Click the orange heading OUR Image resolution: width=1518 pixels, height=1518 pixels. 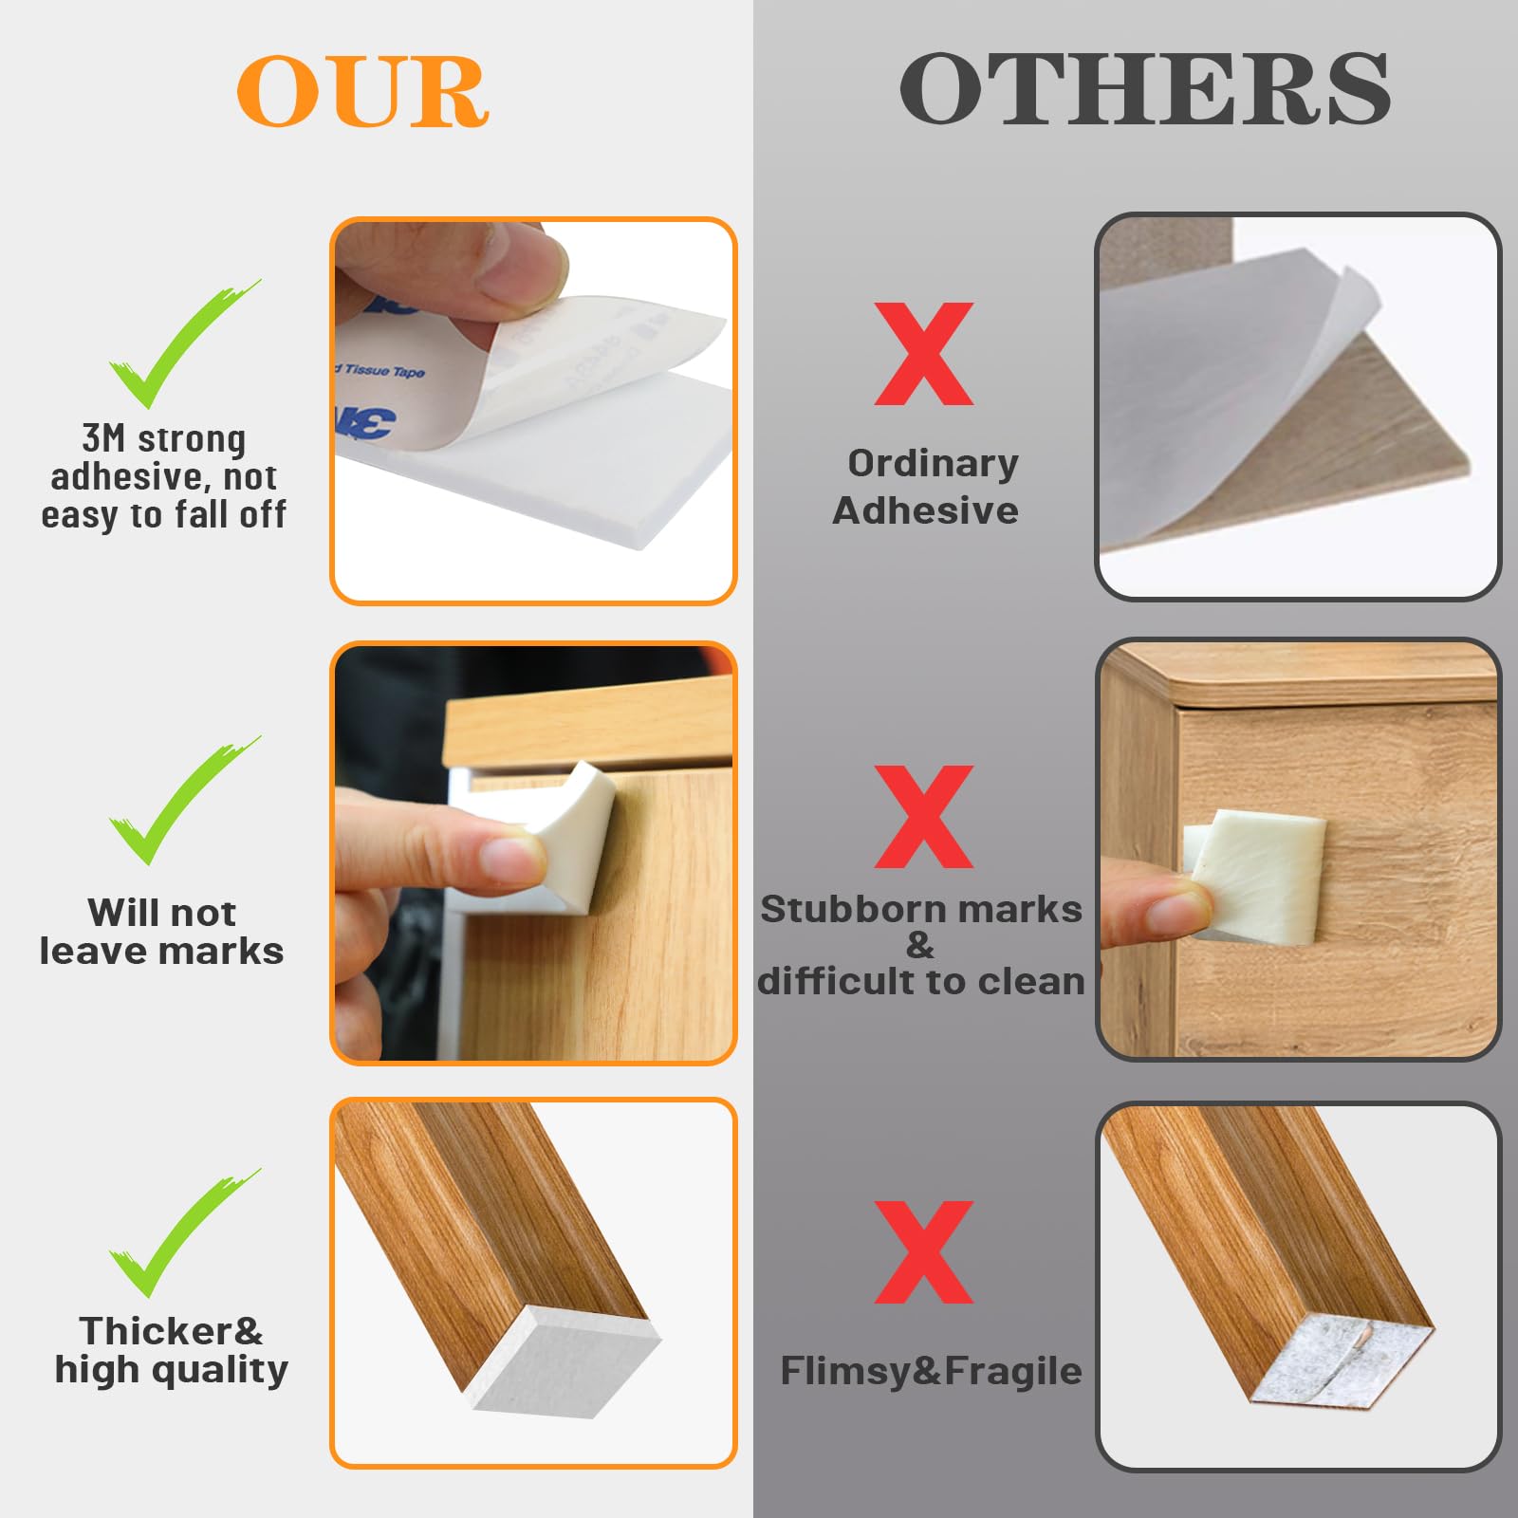coord(362,91)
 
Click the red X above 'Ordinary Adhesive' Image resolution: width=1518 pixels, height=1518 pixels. coord(924,354)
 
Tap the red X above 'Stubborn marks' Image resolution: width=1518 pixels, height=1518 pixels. coord(924,817)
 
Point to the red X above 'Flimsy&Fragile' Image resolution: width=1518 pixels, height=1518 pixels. coord(924,1252)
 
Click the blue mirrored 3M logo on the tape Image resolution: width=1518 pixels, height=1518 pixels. coord(366,421)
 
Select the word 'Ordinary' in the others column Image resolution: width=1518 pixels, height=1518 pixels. coord(933,464)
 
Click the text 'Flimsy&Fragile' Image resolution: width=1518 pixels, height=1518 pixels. coord(931,1372)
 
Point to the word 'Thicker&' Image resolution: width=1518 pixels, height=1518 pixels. coord(171,1331)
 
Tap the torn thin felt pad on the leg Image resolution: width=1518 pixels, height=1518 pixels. coord(1342,1361)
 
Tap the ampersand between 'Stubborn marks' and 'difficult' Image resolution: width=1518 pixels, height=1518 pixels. coord(919,945)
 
